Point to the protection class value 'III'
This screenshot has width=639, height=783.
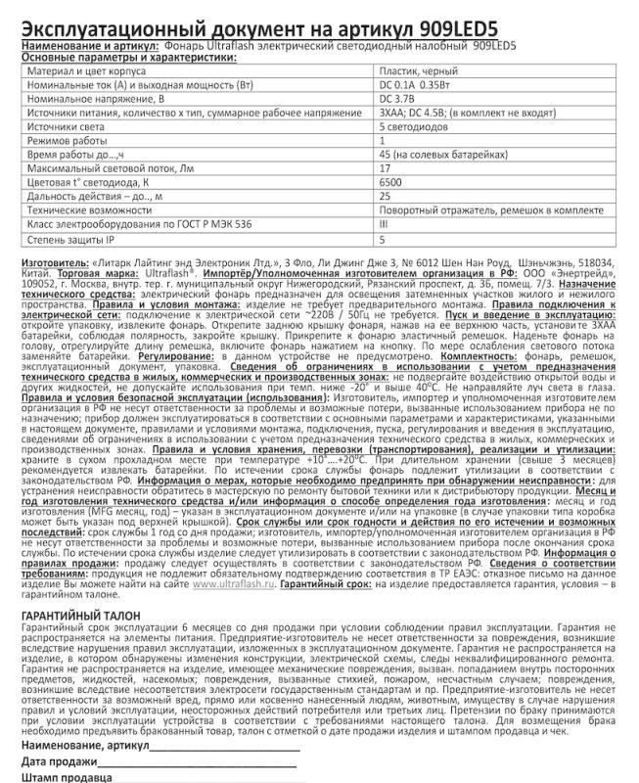click(x=384, y=225)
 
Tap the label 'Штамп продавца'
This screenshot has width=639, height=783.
click(x=64, y=775)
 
